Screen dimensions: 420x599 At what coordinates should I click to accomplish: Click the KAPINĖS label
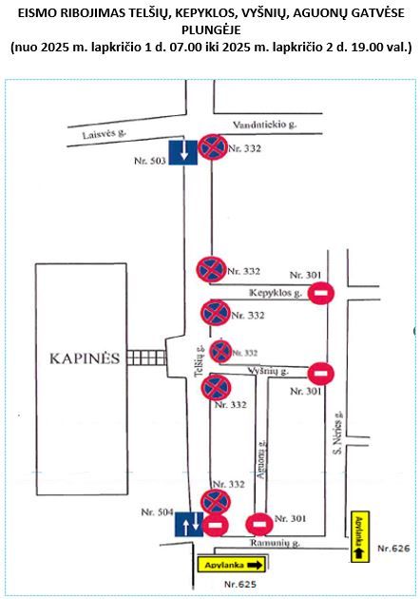pos(85,358)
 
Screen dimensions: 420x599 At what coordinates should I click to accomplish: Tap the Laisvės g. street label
pos(105,134)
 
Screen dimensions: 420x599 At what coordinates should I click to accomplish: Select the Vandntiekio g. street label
pos(264,125)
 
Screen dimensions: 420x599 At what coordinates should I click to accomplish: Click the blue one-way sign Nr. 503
pos(183,152)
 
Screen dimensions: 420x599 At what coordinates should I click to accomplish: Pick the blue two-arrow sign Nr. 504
pos(189,525)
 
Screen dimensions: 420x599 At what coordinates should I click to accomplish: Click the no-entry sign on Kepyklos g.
pos(321,293)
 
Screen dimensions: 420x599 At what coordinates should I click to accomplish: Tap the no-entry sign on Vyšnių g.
pos(321,374)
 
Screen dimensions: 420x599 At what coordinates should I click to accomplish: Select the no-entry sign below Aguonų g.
pos(259,524)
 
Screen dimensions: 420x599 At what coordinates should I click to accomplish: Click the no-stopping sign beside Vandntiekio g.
pos(213,147)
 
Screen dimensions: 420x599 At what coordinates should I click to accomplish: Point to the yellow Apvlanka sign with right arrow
pos(232,564)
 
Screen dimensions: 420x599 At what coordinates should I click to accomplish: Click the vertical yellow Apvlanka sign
pos(360,537)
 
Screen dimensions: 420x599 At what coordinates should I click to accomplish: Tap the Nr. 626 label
pos(393,549)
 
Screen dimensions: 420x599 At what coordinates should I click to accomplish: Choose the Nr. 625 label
pos(240,584)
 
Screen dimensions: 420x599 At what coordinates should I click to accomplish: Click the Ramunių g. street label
pos(275,543)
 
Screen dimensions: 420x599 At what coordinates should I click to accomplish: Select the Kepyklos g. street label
pos(276,293)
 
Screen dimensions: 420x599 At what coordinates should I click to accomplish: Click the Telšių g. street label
pos(200,360)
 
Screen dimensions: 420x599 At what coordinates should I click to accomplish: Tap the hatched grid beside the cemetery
pos(146,357)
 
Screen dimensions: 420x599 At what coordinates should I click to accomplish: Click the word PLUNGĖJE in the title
pos(211,29)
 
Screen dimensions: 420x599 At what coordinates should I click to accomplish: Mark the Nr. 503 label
pos(150,161)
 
